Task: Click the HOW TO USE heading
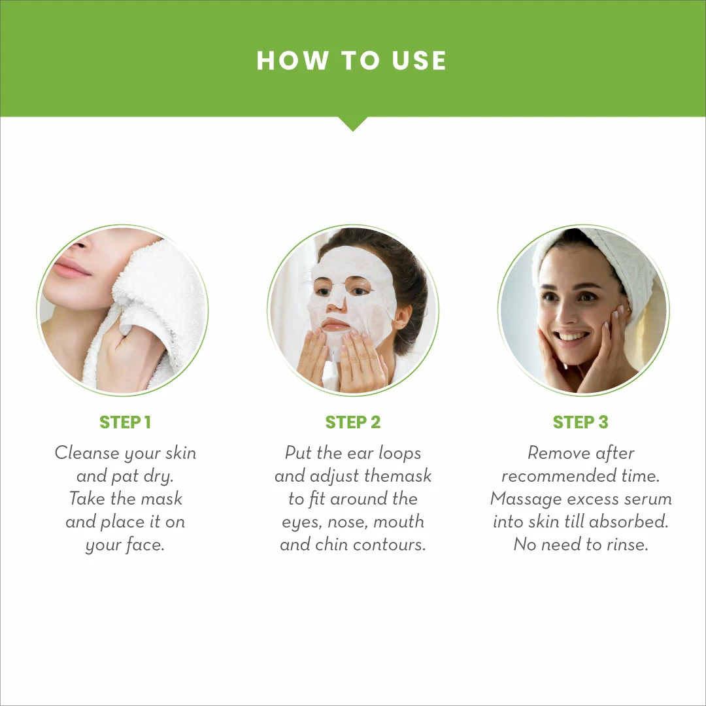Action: click(x=352, y=61)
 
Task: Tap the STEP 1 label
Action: click(x=125, y=422)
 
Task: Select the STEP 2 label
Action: click(x=352, y=422)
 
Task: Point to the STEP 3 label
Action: click(x=580, y=422)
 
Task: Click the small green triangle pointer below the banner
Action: click(x=352, y=124)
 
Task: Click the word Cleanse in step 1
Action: click(x=87, y=453)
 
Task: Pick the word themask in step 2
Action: click(x=398, y=476)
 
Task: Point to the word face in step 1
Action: click(x=143, y=545)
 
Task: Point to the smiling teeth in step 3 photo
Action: click(x=573, y=336)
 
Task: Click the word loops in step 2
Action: click(x=399, y=453)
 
